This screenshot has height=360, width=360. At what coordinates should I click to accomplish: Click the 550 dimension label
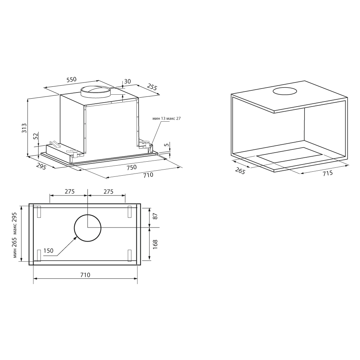pos(71,80)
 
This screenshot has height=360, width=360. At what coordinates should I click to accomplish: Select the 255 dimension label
pos(152,87)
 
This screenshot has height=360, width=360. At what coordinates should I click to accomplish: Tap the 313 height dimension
pos(24,128)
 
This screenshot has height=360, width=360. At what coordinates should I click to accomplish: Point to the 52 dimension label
pos(35,136)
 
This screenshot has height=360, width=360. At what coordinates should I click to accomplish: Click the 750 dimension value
pos(131,167)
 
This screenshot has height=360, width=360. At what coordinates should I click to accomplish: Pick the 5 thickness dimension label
pos(167,145)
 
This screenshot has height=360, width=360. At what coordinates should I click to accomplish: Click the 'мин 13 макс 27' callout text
pos(166,118)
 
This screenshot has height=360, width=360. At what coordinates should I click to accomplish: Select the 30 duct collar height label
pos(127,81)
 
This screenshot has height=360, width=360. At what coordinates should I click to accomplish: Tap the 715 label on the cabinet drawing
pos(328,173)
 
